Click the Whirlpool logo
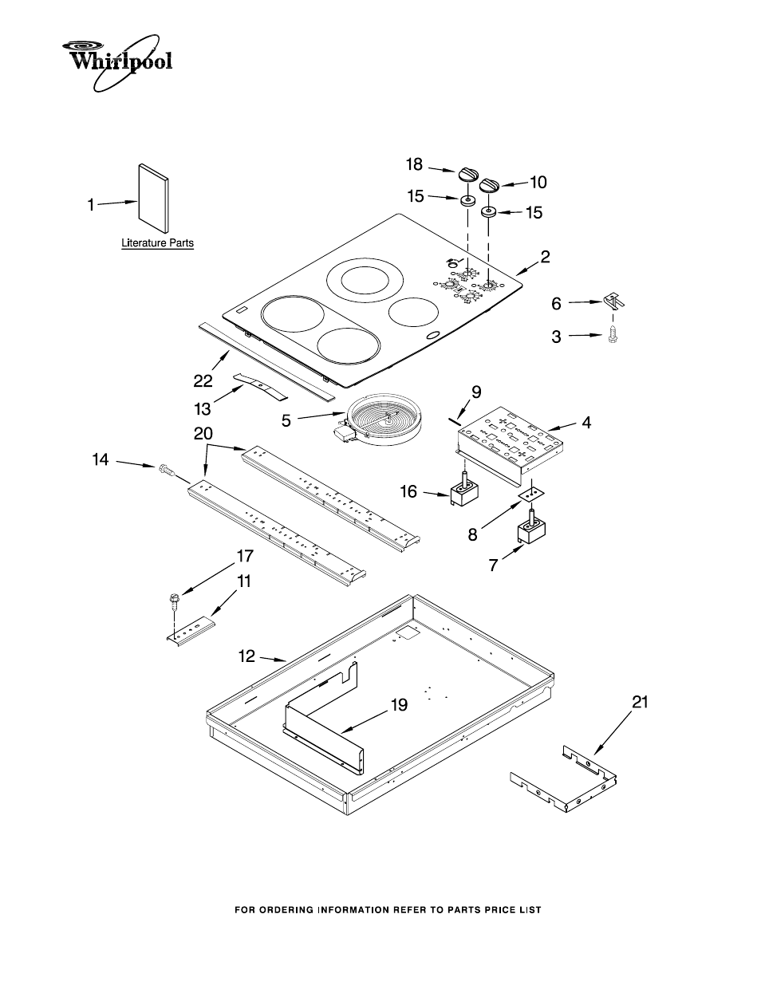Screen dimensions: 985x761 (x=119, y=58)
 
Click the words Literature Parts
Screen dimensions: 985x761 (x=157, y=243)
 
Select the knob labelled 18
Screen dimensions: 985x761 (x=467, y=175)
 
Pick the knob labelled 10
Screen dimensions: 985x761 (x=489, y=184)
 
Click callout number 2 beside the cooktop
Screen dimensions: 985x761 (x=545, y=257)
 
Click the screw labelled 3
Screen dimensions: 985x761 (x=613, y=335)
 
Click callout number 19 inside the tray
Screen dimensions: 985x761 (x=399, y=705)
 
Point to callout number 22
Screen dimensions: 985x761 (x=203, y=381)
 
